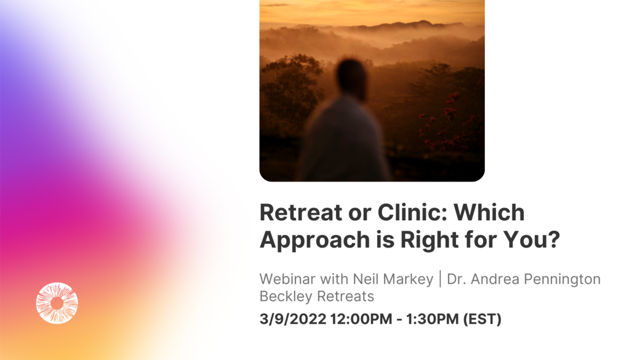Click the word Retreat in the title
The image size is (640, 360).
coord(301,213)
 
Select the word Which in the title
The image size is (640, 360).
coord(489,213)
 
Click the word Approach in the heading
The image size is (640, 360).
coord(315,241)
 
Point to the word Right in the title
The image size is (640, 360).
coord(430,241)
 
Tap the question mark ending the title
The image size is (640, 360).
coord(554,239)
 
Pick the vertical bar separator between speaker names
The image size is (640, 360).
coord(440,279)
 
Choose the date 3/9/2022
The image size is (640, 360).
coord(293,319)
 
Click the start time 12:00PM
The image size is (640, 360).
coord(361,319)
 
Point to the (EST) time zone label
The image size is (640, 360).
coord(482,319)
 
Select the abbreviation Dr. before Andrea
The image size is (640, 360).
coord(456,279)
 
